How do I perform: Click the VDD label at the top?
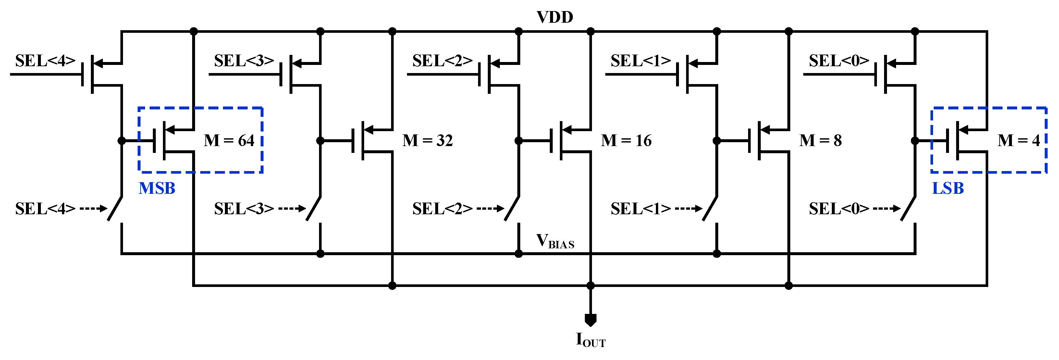(x=555, y=17)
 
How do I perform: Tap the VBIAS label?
(x=555, y=241)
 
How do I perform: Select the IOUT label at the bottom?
(x=590, y=340)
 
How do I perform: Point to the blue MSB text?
(x=157, y=189)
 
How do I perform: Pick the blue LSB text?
(x=948, y=189)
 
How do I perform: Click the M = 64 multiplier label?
(x=229, y=141)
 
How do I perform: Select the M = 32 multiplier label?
(x=427, y=141)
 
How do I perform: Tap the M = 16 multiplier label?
(x=626, y=141)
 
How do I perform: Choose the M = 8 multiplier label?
(x=820, y=141)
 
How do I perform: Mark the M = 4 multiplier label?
(x=1019, y=141)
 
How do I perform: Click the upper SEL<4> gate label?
(x=45, y=61)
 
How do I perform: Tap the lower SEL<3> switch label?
(x=244, y=209)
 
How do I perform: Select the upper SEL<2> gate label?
(x=442, y=61)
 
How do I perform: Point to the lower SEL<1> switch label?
(x=641, y=209)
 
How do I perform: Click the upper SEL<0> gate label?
(x=839, y=61)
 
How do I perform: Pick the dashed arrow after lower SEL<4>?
(x=93, y=209)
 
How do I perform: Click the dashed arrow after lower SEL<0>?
(x=886, y=209)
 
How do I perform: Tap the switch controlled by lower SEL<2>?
(x=512, y=209)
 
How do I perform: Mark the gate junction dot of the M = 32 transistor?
(x=320, y=141)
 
